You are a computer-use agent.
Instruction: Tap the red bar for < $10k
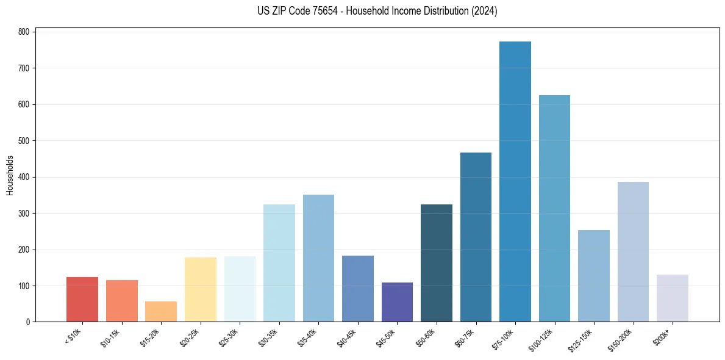point(82,300)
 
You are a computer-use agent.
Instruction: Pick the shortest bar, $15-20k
point(161,312)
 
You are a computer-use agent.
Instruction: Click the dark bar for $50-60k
point(437,263)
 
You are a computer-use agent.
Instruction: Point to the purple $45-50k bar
point(397,302)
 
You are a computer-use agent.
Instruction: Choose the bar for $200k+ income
point(673,298)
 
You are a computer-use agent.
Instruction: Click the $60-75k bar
point(476,237)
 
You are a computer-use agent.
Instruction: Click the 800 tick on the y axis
point(24,32)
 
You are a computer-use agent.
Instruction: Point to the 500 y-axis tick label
point(24,141)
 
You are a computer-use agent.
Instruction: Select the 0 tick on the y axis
point(28,322)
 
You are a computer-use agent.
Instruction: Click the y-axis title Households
point(10,175)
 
